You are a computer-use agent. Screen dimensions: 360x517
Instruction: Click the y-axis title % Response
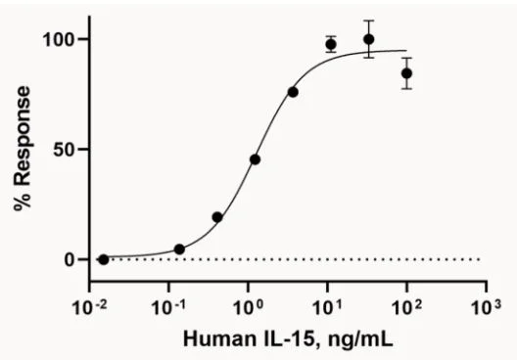23,148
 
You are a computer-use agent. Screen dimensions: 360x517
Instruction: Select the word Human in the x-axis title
210,337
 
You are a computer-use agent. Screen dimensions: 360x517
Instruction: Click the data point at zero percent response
104,259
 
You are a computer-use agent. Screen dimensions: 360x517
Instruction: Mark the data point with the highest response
368,39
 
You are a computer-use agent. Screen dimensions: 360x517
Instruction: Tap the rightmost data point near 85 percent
407,73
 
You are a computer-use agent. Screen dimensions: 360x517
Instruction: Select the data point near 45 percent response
255,159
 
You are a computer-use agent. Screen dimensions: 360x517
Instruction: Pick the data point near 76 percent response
293,92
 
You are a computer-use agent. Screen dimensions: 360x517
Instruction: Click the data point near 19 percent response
217,217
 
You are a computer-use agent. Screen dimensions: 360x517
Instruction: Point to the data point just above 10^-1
179,249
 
